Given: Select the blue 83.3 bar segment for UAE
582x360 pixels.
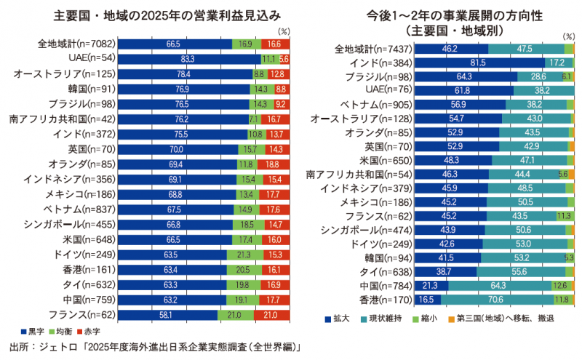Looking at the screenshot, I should coord(189,57).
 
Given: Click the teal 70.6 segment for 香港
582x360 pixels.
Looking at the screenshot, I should coord(497,299).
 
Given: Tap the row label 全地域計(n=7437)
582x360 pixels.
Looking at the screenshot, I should coord(366,49).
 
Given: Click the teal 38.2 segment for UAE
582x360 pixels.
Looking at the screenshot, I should coord(543,90).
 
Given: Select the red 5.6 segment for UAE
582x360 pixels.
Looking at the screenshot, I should coord(284,57).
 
